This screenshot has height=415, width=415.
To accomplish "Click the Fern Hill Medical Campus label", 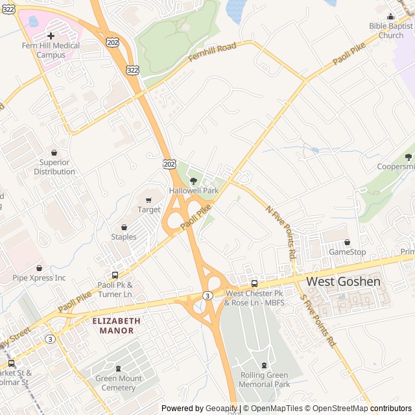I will tap(51, 51).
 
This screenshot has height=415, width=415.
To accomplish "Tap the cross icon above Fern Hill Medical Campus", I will tap(51, 36).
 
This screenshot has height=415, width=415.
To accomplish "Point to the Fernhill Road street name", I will tap(212, 53).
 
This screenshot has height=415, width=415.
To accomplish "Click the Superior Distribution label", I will tap(54, 167).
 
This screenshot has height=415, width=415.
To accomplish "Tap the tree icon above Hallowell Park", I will tap(193, 181).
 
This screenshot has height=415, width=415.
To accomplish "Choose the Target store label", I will tap(148, 209).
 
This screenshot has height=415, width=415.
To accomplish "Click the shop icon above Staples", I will tap(124, 228).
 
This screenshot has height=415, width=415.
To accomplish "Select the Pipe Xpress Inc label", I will tap(39, 278).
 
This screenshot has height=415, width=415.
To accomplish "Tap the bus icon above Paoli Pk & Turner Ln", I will tap(115, 275).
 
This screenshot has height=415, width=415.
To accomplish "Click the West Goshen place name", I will tap(343, 281).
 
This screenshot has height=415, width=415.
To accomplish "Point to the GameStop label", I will tap(347, 252).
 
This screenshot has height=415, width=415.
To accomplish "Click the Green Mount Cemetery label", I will tap(118, 383).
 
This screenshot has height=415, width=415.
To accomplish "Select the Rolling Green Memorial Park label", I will tap(265, 379).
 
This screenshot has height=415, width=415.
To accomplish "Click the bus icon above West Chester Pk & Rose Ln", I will tap(254, 283).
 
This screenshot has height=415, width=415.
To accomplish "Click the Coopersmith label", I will tap(396, 167).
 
